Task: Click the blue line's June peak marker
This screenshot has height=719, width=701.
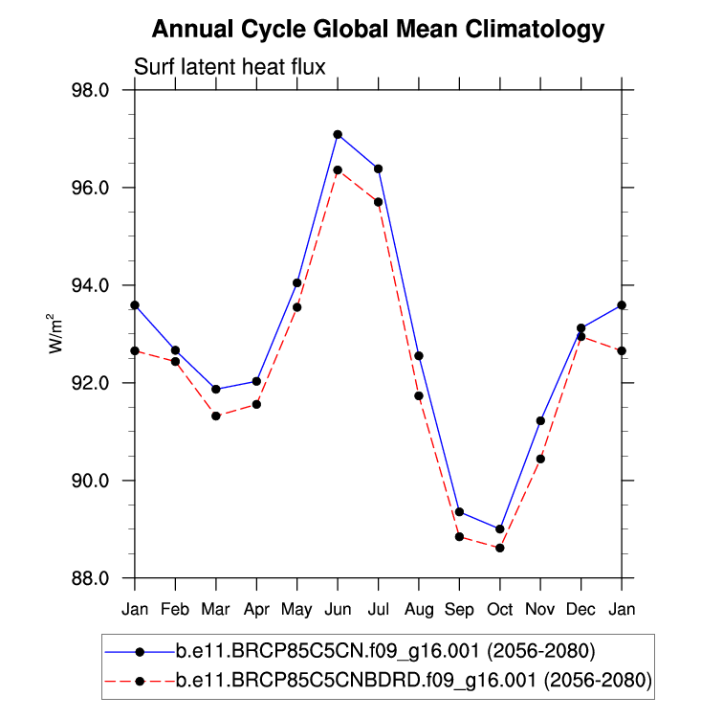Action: [x=338, y=135]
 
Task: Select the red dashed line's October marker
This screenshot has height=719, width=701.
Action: [x=500, y=548]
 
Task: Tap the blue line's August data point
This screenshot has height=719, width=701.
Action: [x=419, y=356]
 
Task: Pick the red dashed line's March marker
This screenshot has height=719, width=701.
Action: [x=216, y=416]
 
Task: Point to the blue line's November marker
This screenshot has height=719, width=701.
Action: [x=540, y=420]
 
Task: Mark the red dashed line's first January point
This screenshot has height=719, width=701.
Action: [x=135, y=350]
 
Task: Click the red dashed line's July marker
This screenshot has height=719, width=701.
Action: [x=379, y=202]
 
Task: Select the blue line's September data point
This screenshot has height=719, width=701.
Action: [x=459, y=512]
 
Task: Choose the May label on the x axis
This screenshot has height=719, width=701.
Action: [x=297, y=609]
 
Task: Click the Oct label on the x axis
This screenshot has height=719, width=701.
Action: [x=500, y=609]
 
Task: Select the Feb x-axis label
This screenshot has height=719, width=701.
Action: [x=175, y=609]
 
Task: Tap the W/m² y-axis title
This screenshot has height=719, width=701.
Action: [x=56, y=334]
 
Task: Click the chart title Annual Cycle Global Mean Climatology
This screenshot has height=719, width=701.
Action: [x=379, y=30]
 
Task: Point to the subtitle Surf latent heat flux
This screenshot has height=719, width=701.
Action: [x=230, y=68]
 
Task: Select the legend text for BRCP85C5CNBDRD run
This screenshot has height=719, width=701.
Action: [x=414, y=681]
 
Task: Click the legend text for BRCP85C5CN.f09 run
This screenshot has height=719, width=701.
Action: [x=386, y=652]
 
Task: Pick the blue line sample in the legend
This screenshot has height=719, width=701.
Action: [x=140, y=652]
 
